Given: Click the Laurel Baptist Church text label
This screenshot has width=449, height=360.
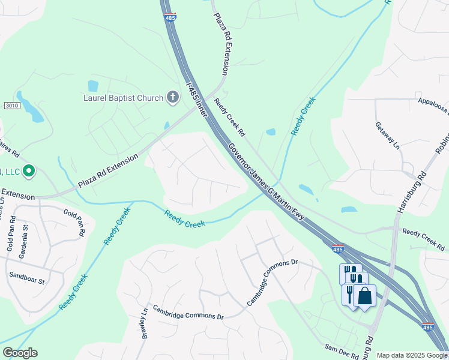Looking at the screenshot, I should (x=123, y=98).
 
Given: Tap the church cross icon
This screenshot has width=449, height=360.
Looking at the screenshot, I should (x=172, y=97).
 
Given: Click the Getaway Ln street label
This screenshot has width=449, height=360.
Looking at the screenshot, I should (x=387, y=137).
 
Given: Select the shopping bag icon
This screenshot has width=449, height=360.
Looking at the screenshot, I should (x=364, y=295).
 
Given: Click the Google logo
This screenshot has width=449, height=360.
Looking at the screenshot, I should (x=20, y=353).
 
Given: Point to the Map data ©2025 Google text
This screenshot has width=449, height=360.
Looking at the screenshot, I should (x=411, y=355).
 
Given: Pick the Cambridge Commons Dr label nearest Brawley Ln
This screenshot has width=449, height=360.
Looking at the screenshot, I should (x=188, y=312).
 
